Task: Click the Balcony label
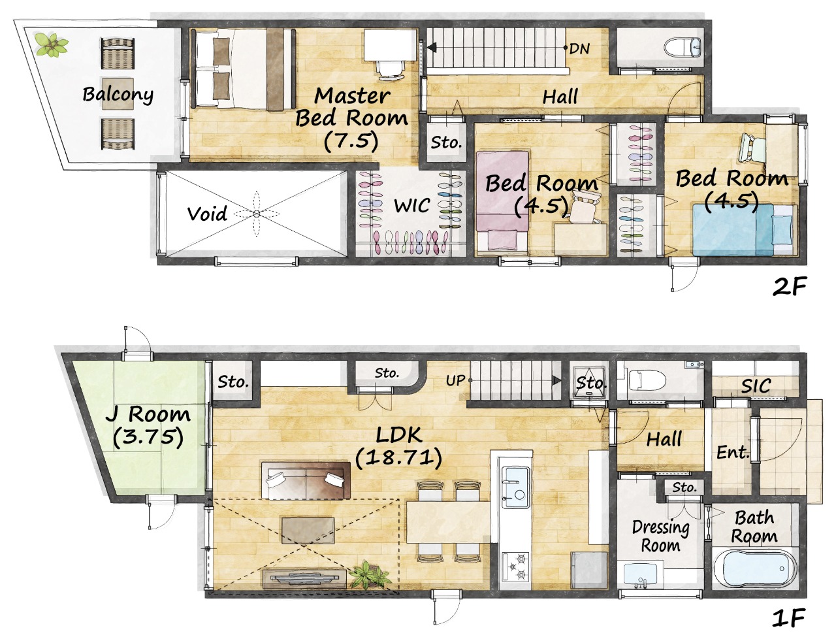(x=118, y=94)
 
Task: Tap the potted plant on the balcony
(x=52, y=45)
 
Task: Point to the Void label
(x=207, y=214)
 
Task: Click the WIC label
(x=412, y=206)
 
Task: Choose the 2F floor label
(x=790, y=287)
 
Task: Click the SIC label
(x=756, y=386)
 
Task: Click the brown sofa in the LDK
(x=306, y=480)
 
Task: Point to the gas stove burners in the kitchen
(x=516, y=566)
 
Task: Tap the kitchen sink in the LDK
(x=515, y=487)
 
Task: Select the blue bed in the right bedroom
(x=745, y=230)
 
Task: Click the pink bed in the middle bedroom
(x=502, y=201)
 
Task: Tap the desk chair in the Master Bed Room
(x=391, y=71)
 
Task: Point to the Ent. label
(x=733, y=453)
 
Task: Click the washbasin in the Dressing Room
(x=641, y=575)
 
